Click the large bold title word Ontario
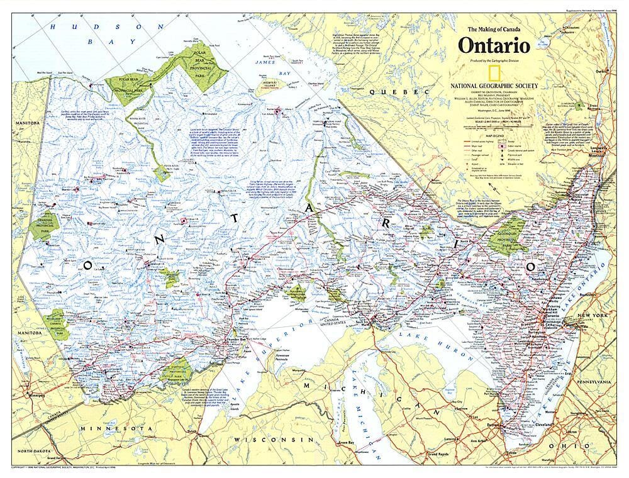click(x=494, y=46)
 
